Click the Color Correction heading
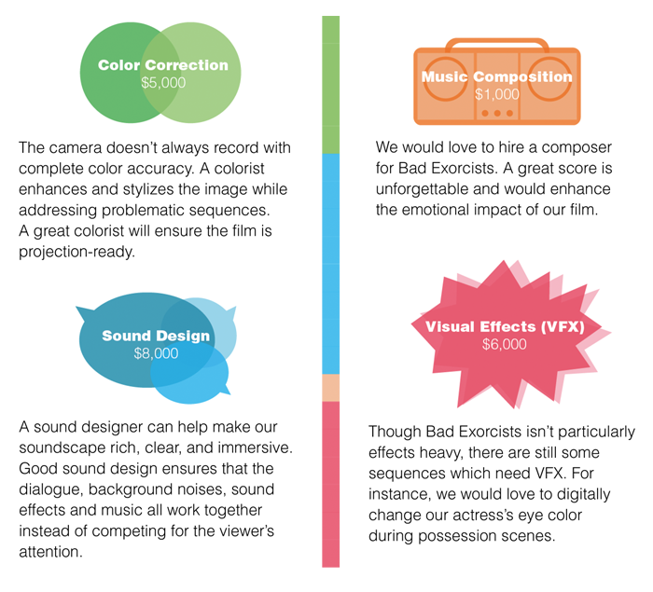163,65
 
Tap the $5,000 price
163,83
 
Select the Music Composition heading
496,76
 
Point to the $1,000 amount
496,94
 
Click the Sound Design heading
156,336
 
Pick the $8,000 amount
156,353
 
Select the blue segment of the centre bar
330,264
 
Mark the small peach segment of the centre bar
330,388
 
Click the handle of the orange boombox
497,42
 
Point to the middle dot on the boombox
497,114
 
